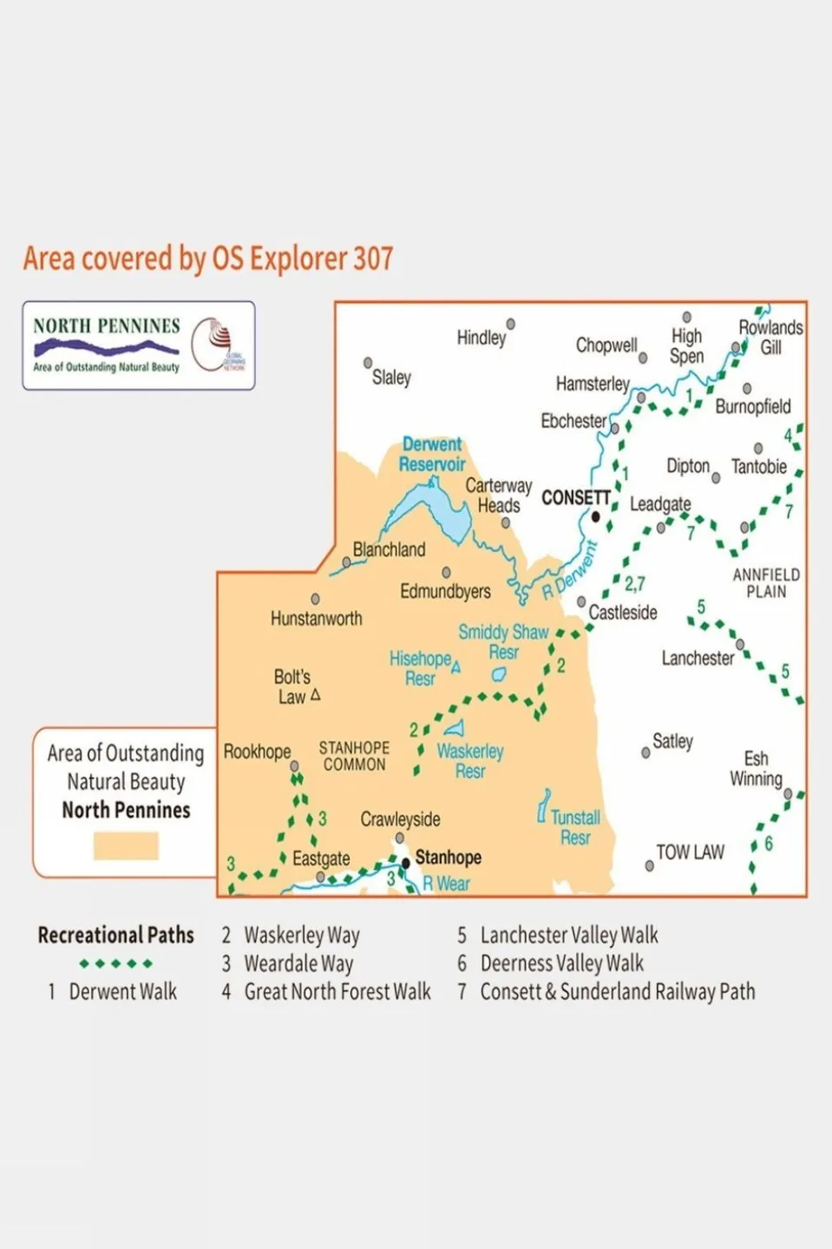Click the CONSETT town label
point(575,498)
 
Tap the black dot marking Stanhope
point(405,863)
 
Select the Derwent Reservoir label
point(432,454)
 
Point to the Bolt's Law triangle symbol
point(315,695)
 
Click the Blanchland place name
point(389,549)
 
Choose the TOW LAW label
point(690,852)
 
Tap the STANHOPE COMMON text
point(354,756)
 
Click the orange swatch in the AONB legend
point(126,845)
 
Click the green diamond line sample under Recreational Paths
point(115,963)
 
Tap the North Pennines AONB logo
point(139,345)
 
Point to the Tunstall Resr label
point(574,827)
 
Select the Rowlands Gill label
point(770,337)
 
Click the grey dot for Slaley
point(368,363)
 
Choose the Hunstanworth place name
point(316,619)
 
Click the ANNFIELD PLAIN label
point(766,583)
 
